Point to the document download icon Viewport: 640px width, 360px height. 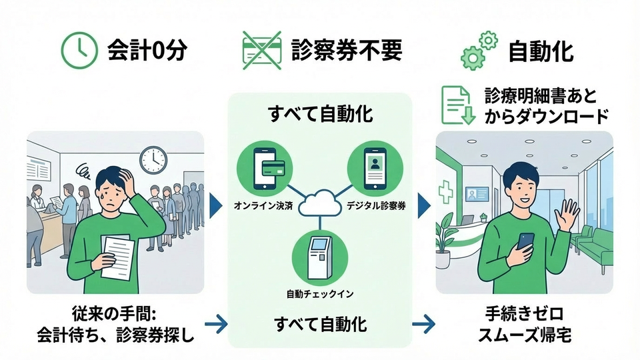pyautogui.click(x=457, y=106)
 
